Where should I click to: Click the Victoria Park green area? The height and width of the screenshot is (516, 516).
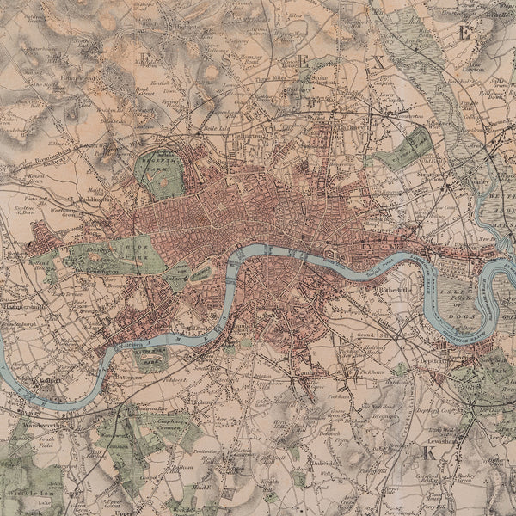[404, 147]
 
